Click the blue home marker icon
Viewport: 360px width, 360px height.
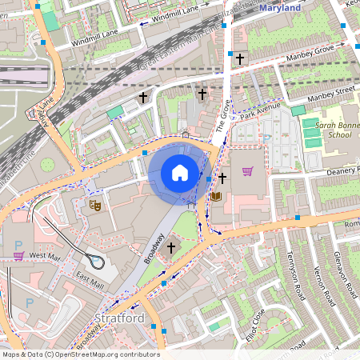[180, 173]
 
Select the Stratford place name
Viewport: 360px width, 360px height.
[118, 318]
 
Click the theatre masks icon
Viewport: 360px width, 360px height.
[94, 206]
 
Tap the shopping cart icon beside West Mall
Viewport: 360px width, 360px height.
[18, 255]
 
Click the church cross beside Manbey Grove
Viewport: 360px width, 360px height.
[239, 58]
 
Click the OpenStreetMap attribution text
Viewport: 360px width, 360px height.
[80, 354]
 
